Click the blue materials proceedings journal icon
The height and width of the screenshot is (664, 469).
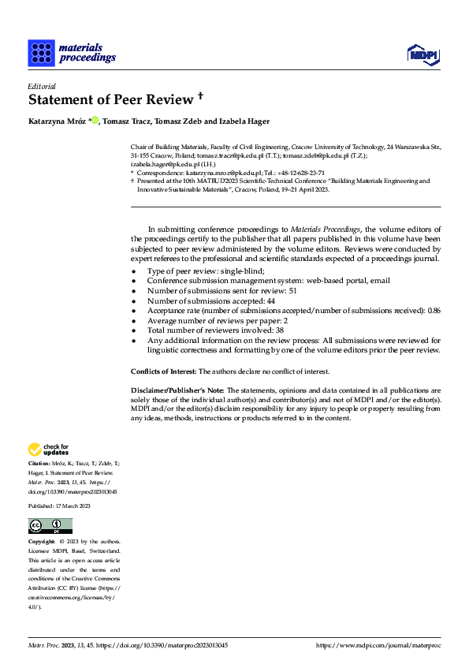pyautogui.click(x=40, y=53)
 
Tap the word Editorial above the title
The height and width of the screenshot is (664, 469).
pyautogui.click(x=41, y=86)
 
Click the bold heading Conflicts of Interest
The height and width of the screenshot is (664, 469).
pyautogui.click(x=163, y=371)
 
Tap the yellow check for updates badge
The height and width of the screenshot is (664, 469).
pyautogui.click(x=49, y=450)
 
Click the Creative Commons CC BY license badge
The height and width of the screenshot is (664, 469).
pyautogui.click(x=50, y=526)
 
